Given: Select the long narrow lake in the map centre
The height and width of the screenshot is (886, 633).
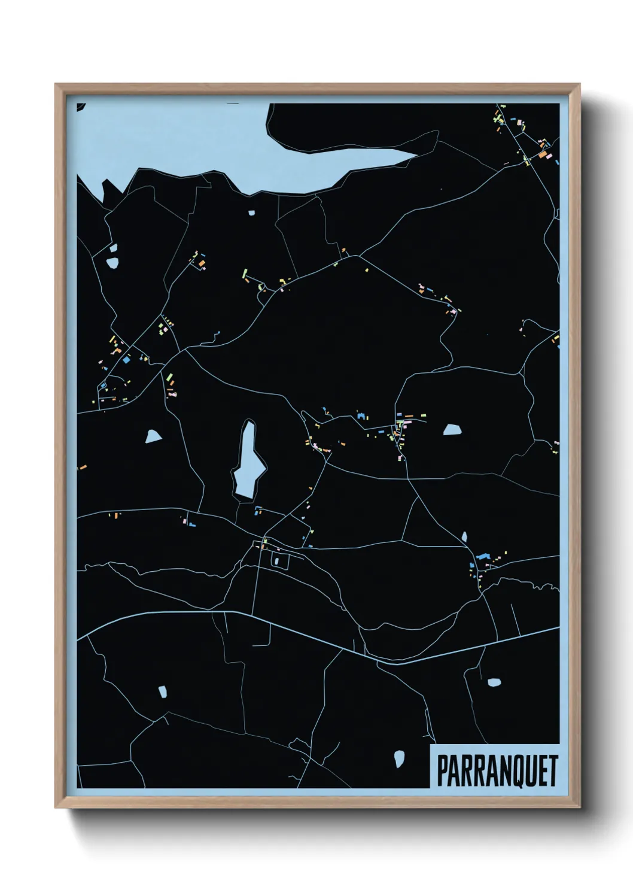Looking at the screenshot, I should pyautogui.click(x=248, y=461).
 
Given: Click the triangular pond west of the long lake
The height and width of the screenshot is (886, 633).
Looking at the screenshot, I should pyautogui.click(x=153, y=436).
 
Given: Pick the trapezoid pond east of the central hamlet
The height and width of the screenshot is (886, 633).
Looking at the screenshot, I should pyautogui.click(x=452, y=429).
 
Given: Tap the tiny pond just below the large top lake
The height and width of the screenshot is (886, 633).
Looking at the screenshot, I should pyautogui.click(x=251, y=213).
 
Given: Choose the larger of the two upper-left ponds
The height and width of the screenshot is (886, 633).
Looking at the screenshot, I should pyautogui.click(x=112, y=262).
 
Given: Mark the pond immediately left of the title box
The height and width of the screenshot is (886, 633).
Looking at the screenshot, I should pyautogui.click(x=399, y=758).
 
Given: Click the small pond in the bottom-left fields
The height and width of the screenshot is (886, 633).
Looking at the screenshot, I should pyautogui.click(x=162, y=691).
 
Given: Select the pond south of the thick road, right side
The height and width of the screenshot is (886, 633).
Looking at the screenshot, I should pyautogui.click(x=494, y=682).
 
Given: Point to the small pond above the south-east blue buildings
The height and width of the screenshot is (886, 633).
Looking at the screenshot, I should pyautogui.click(x=464, y=536).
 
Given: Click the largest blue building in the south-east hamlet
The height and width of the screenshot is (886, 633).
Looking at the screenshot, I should pyautogui.click(x=483, y=557).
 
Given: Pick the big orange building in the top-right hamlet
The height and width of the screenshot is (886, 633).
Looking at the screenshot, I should pyautogui.click(x=543, y=154).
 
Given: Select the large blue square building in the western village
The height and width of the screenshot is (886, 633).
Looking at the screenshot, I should pyautogui.click(x=126, y=360).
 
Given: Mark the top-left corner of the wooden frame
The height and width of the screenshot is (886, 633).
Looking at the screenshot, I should pyautogui.click(x=57, y=86).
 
